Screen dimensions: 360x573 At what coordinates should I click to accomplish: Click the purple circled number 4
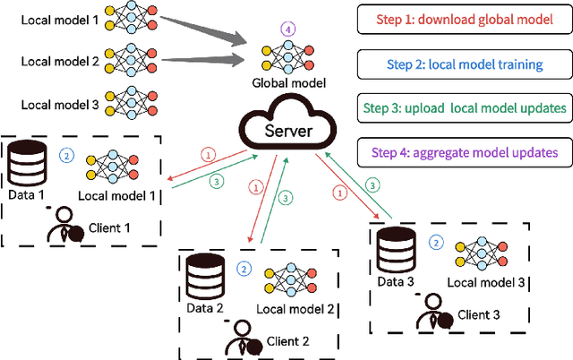[286, 29]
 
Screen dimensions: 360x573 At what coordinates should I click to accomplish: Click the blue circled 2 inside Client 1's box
[65, 154]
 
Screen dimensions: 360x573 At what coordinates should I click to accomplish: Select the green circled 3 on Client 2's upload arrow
[286, 198]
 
